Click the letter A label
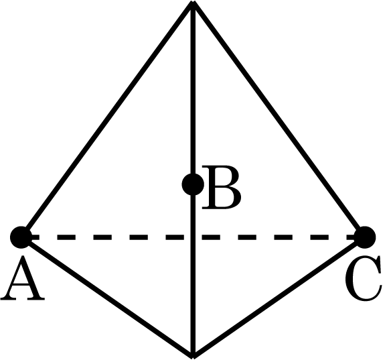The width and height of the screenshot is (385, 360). [23, 278]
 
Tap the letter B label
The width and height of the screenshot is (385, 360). [222, 188]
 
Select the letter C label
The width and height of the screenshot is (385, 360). [364, 278]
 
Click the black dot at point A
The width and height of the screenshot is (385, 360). [21, 237]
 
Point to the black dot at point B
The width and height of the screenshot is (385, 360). [193, 184]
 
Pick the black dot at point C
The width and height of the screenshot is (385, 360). [365, 237]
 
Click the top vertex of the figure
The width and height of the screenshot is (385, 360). [194, 2]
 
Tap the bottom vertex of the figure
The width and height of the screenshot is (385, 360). [194, 357]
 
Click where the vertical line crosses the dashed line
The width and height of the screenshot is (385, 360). [194, 237]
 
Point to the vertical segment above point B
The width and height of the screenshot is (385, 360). [194, 88]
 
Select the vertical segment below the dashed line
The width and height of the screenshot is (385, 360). [194, 298]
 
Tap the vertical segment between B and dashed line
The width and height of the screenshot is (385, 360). [194, 215]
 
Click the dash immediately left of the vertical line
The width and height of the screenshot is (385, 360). [175, 237]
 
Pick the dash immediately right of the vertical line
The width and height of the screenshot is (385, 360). [211, 237]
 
